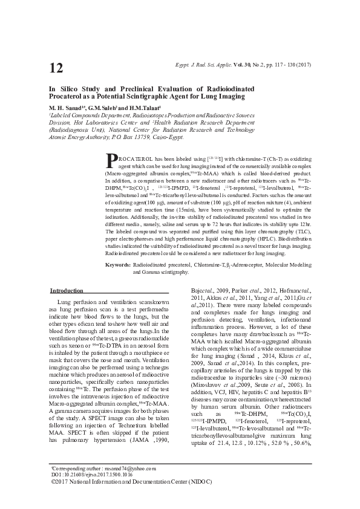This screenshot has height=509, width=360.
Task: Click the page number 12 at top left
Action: (56, 68)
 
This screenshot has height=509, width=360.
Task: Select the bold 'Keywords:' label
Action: (118, 265)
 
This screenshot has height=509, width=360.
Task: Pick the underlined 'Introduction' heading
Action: (67, 291)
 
